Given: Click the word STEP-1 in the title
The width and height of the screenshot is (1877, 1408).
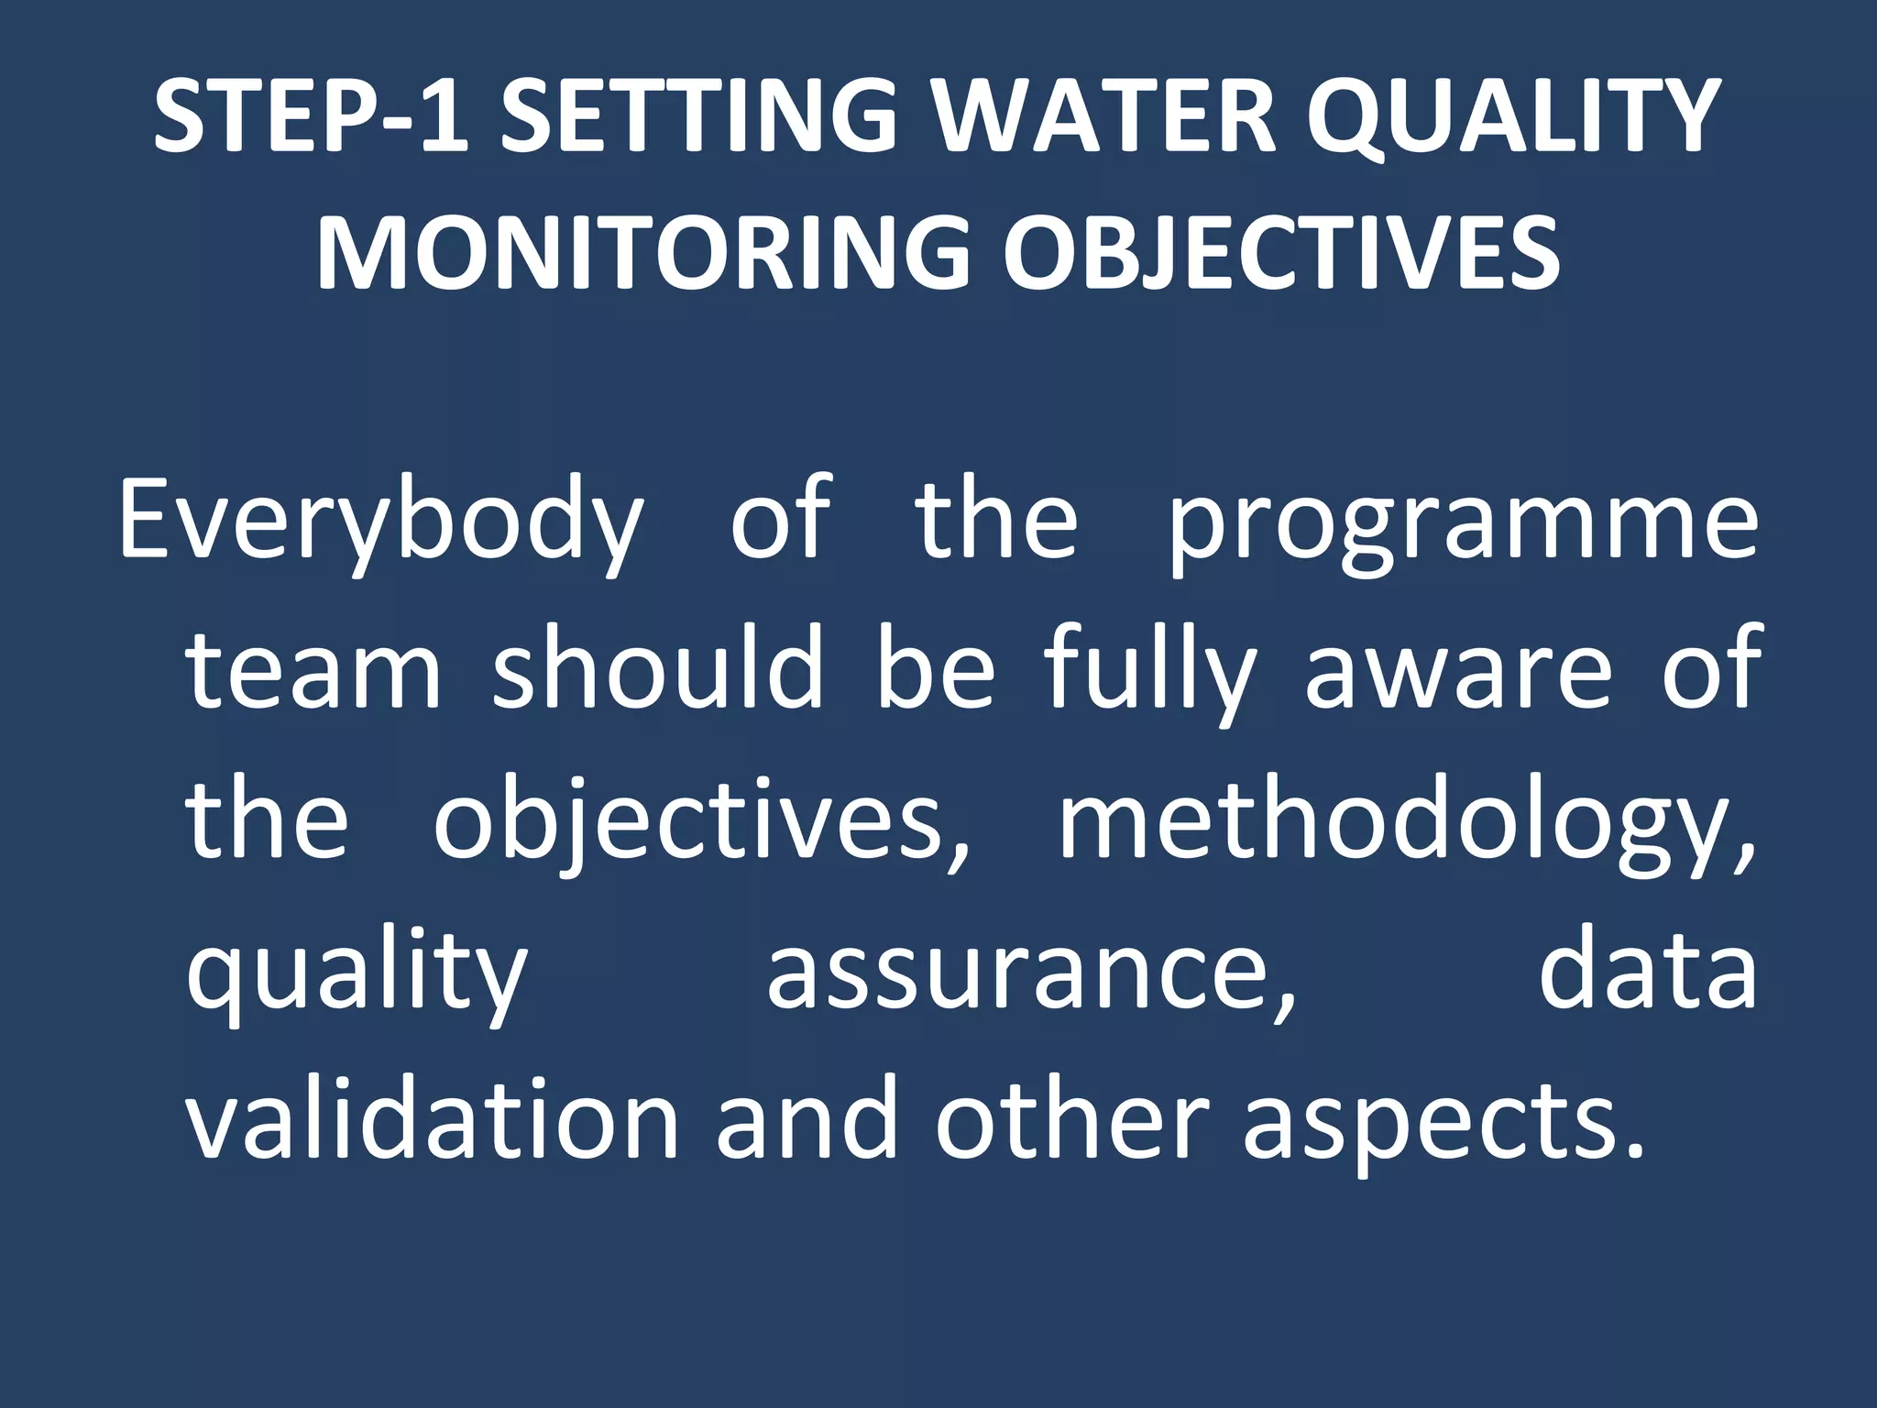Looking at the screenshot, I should point(311,116).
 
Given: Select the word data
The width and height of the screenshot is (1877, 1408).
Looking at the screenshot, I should point(1647,970).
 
